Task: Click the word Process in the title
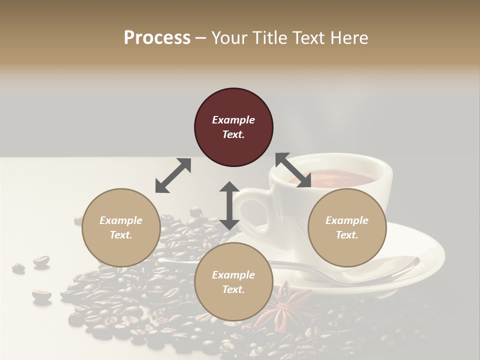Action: (x=157, y=38)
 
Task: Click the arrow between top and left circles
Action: (x=173, y=175)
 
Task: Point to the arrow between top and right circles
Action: (x=293, y=170)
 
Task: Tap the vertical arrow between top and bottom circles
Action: (x=229, y=205)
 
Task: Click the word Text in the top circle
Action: (x=233, y=134)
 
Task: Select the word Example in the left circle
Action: (x=121, y=220)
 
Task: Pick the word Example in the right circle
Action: (x=346, y=220)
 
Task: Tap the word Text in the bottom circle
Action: (x=233, y=289)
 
